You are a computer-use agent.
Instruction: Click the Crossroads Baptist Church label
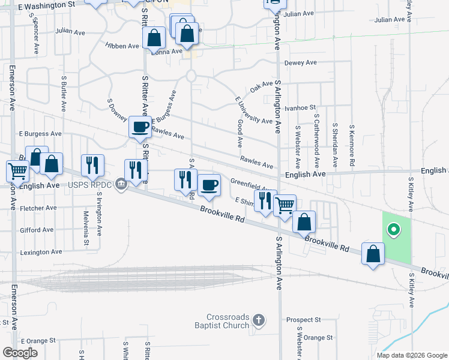tap(228, 321)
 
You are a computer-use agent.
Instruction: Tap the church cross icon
tap(259, 320)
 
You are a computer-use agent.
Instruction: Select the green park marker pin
tap(394, 229)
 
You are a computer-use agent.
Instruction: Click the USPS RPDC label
tap(91, 184)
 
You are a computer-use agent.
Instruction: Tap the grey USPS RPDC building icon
tap(121, 184)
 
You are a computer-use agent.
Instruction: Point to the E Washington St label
tap(47, 4)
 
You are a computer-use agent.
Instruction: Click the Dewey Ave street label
tap(300, 62)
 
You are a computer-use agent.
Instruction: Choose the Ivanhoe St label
tap(300, 107)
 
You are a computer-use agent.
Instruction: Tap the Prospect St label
tap(304, 320)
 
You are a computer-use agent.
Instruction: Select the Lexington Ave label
tap(41, 252)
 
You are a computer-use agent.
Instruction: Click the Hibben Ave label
tap(122, 45)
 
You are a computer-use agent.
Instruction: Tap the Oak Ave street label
tap(262, 87)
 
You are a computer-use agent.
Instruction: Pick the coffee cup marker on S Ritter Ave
tap(140, 127)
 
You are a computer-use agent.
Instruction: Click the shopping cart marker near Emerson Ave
tap(17, 171)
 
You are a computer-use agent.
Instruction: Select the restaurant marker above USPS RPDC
tap(92, 165)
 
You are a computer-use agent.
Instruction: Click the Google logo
tap(20, 353)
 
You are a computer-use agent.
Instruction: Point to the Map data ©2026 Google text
tap(411, 355)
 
